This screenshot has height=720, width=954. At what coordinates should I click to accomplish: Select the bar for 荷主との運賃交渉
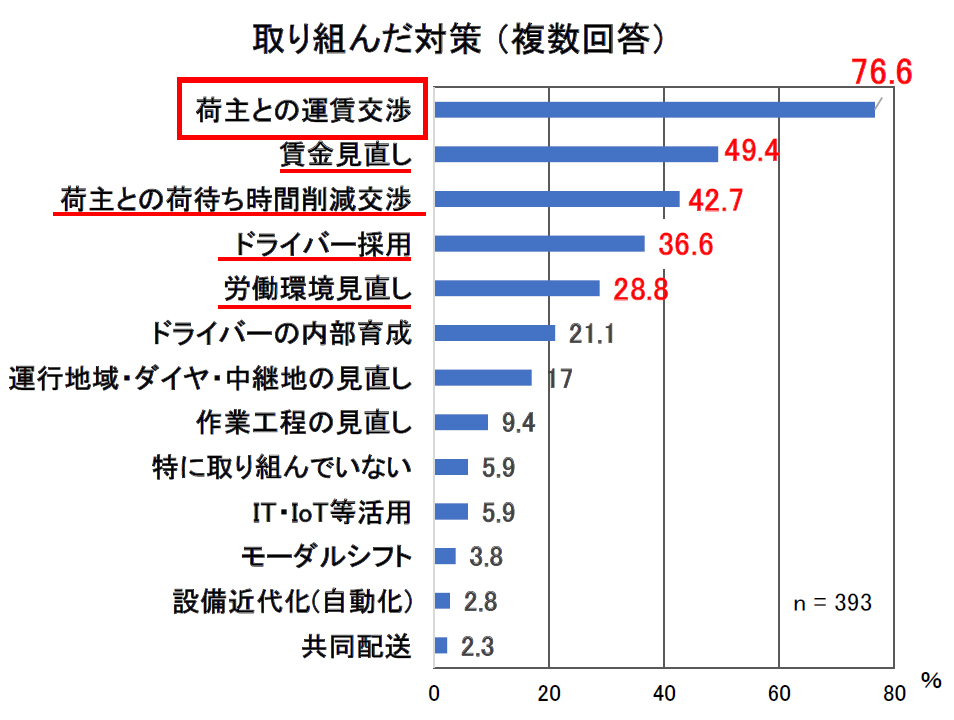pyautogui.click(x=655, y=109)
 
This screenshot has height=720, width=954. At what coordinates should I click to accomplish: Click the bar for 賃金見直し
pyautogui.click(x=576, y=153)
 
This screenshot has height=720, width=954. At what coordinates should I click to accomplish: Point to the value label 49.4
pyautogui.click(x=751, y=152)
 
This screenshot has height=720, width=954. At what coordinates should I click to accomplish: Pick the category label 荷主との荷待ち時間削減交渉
pyautogui.click(x=237, y=199)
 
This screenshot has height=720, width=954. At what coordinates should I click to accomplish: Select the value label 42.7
pyautogui.click(x=714, y=200)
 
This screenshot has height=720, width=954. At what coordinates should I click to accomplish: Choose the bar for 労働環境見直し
pyautogui.click(x=517, y=288)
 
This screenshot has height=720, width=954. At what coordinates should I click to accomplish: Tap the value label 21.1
pyautogui.click(x=590, y=334)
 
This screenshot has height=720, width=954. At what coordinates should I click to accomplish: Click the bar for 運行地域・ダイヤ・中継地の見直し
pyautogui.click(x=483, y=378)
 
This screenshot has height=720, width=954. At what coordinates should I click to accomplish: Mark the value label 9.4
pyautogui.click(x=518, y=423)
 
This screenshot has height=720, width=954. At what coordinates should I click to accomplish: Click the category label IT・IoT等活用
pyautogui.click(x=331, y=513)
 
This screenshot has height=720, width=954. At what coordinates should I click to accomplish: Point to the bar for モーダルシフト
pyautogui.click(x=445, y=556)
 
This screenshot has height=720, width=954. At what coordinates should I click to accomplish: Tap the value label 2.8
pyautogui.click(x=479, y=602)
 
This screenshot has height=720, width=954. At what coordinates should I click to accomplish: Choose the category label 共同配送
pyautogui.click(x=357, y=646)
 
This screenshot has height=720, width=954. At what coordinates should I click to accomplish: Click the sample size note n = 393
pyautogui.click(x=833, y=603)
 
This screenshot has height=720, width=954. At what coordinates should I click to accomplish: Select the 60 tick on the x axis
pyautogui.click(x=779, y=694)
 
